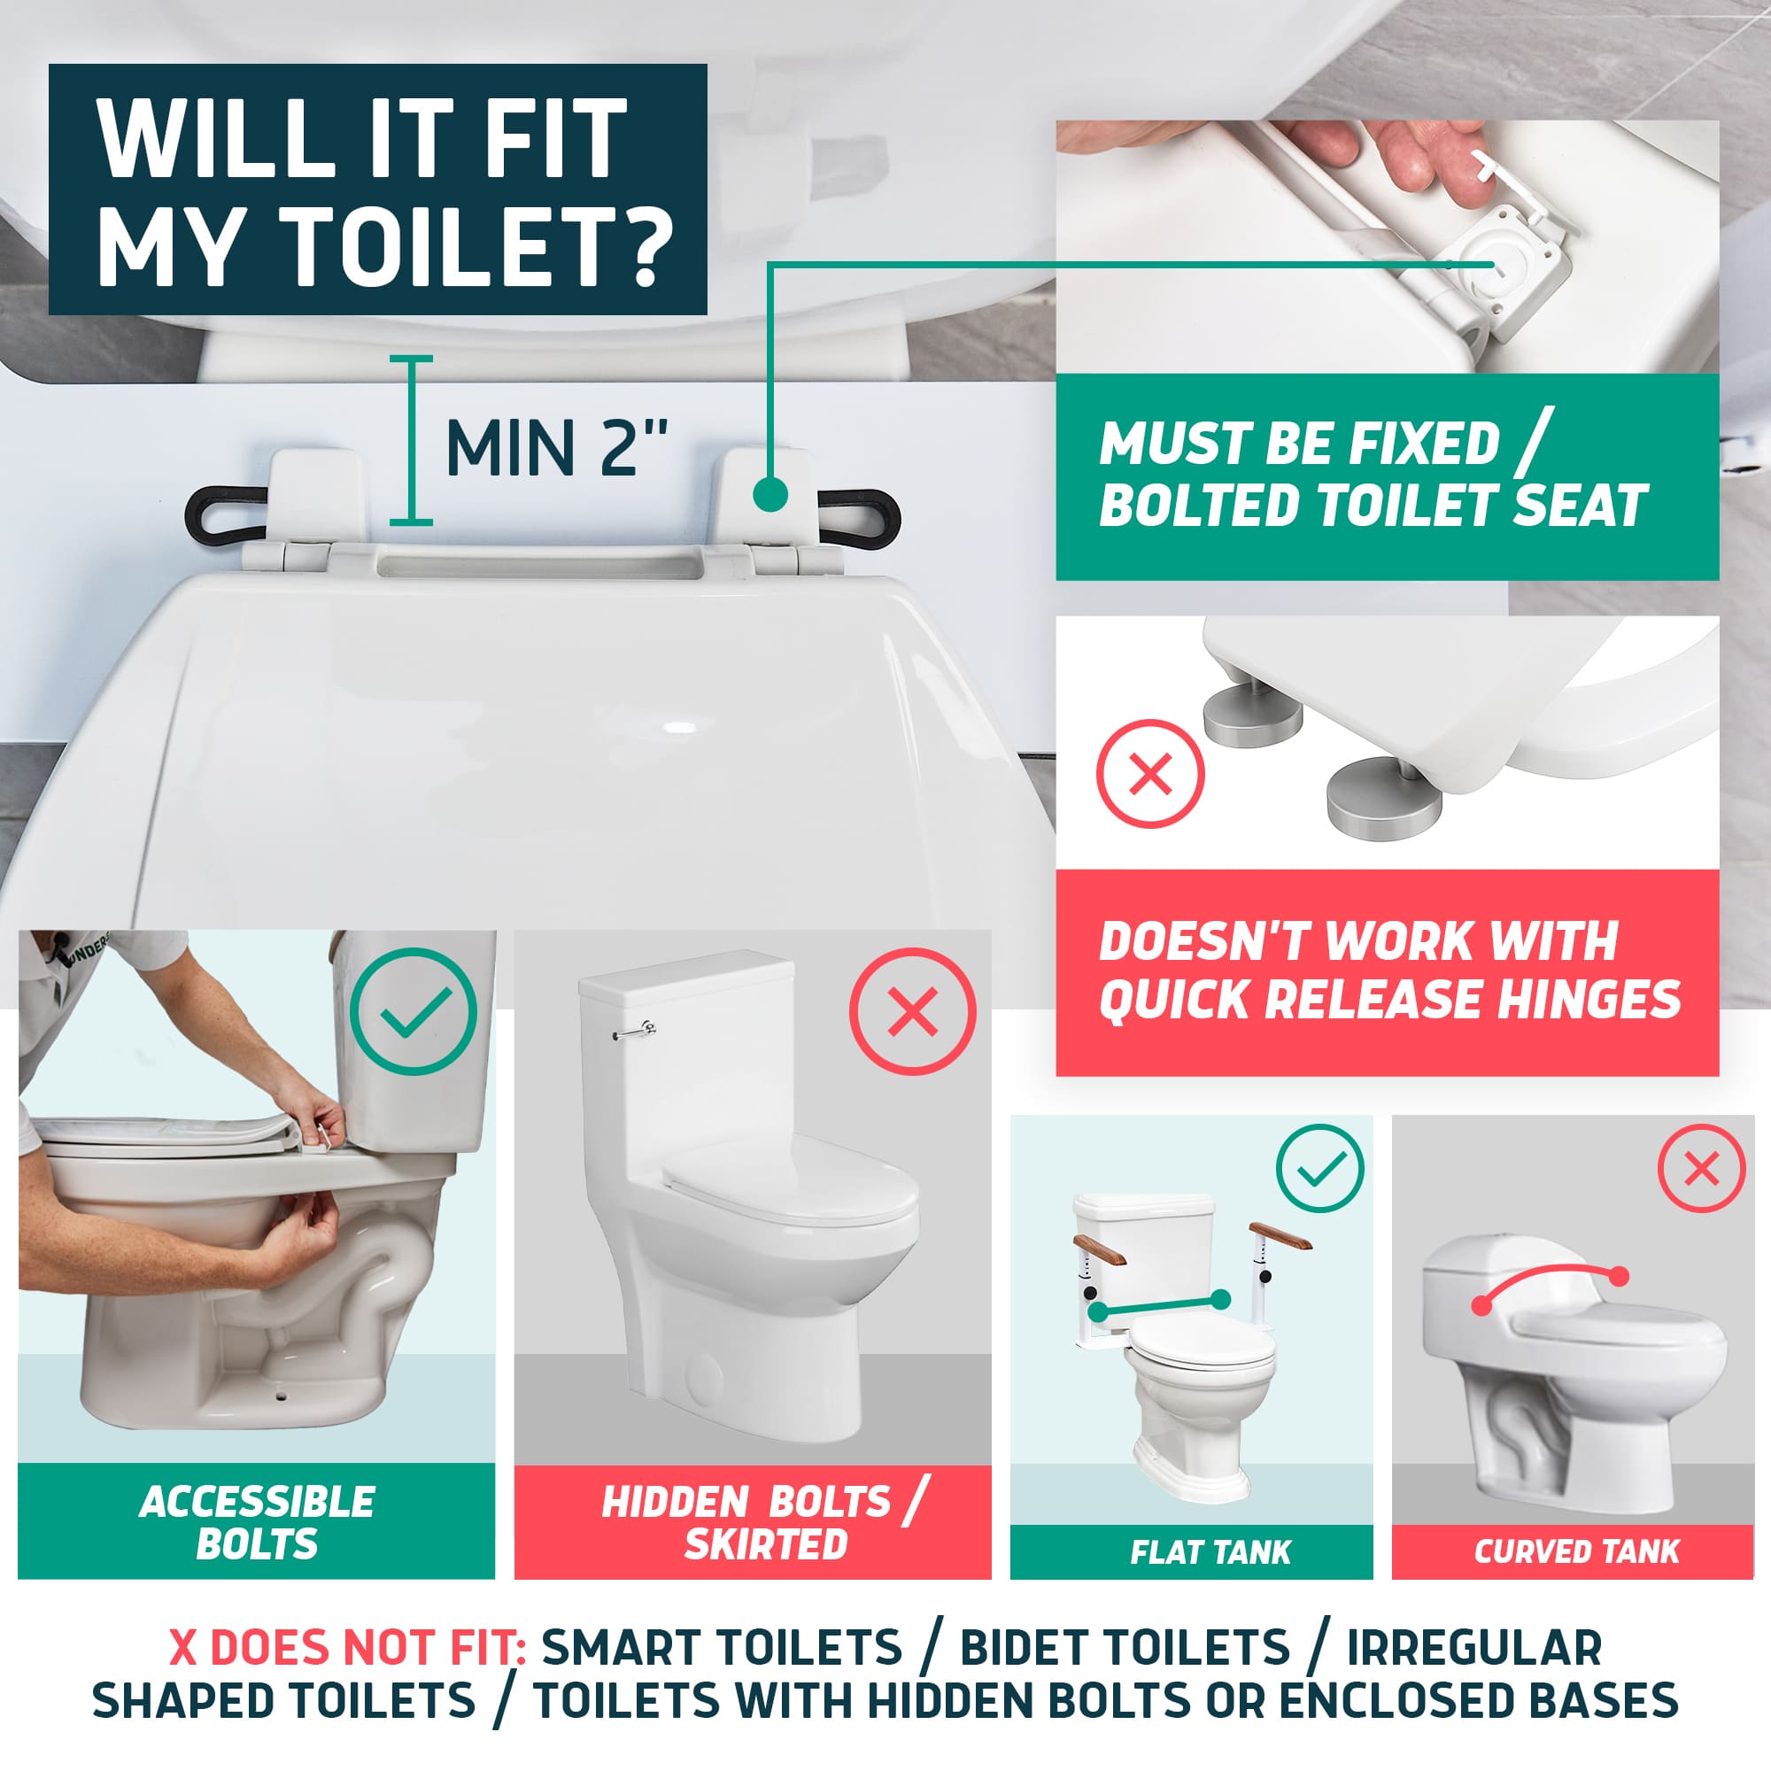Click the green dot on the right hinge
pyautogui.click(x=771, y=495)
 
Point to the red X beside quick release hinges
pyautogui.click(x=1150, y=775)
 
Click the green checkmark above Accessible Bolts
pyautogui.click(x=414, y=1010)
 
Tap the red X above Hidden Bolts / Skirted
pyautogui.click(x=913, y=1011)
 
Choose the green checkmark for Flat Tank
pyautogui.click(x=1320, y=1169)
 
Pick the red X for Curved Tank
pyautogui.click(x=1701, y=1169)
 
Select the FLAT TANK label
pyautogui.click(x=1210, y=1552)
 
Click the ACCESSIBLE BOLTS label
pyautogui.click(x=257, y=1522)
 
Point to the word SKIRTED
pyautogui.click(x=766, y=1544)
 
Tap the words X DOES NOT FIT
pyautogui.click(x=346, y=1648)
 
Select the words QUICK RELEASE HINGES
pyautogui.click(x=1389, y=998)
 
